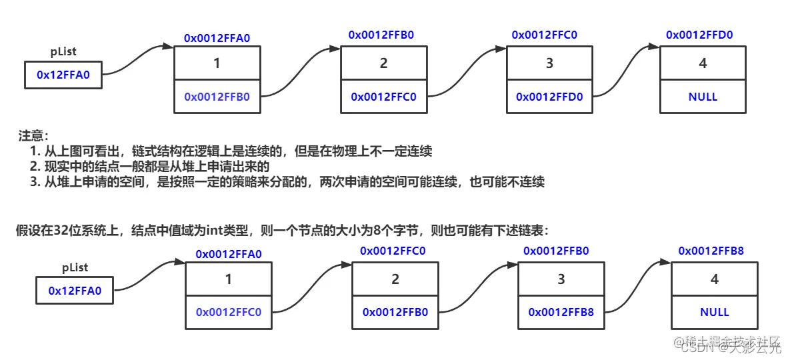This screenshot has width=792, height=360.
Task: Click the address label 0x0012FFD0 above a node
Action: pyautogui.click(x=699, y=35)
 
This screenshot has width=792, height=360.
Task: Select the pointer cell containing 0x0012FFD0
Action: pyautogui.click(x=549, y=97)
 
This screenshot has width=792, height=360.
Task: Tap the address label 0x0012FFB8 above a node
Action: pyautogui.click(x=711, y=251)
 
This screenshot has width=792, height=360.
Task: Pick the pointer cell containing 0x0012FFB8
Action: pyautogui.click(x=561, y=312)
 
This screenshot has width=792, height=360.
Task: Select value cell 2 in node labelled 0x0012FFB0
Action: pyautogui.click(x=383, y=63)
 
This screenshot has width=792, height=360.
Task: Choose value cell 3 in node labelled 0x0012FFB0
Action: pyautogui.click(x=561, y=279)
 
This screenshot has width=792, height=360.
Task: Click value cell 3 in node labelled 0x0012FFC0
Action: pyautogui.click(x=549, y=63)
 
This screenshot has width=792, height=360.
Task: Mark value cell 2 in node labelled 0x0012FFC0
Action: pyautogui.click(x=395, y=279)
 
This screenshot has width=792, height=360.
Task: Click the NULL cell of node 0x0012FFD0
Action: pyautogui.click(x=703, y=97)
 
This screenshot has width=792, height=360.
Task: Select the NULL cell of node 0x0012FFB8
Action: pyautogui.click(x=715, y=312)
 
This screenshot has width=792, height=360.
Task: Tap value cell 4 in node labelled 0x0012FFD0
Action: pyautogui.click(x=703, y=63)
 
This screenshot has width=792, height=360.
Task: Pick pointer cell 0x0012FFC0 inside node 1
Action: pyautogui.click(x=228, y=312)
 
